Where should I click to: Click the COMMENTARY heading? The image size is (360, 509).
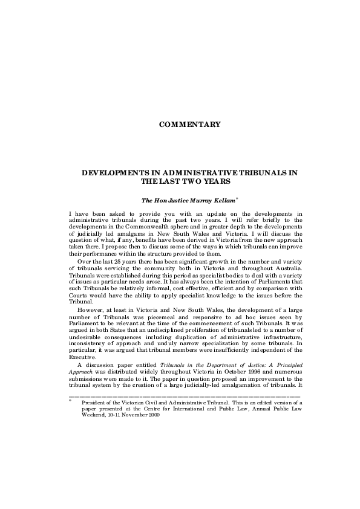tap(189, 125)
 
